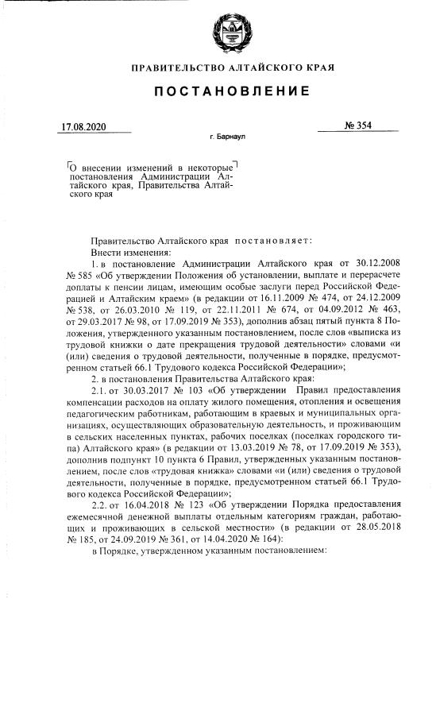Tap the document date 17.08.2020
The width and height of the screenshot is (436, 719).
(84, 126)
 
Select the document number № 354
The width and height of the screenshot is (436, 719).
(348, 126)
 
